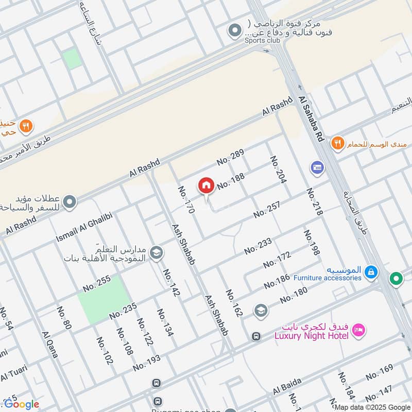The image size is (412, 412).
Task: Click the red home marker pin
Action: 206,186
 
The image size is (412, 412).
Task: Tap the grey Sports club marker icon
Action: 235,30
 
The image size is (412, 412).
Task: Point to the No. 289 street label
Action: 230,157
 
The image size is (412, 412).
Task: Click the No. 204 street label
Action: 278,169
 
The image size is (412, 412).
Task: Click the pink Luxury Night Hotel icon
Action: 359,330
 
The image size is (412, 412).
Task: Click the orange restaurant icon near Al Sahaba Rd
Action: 337,143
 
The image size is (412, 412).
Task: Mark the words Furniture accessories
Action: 327,278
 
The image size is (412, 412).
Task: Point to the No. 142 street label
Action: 171,282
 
